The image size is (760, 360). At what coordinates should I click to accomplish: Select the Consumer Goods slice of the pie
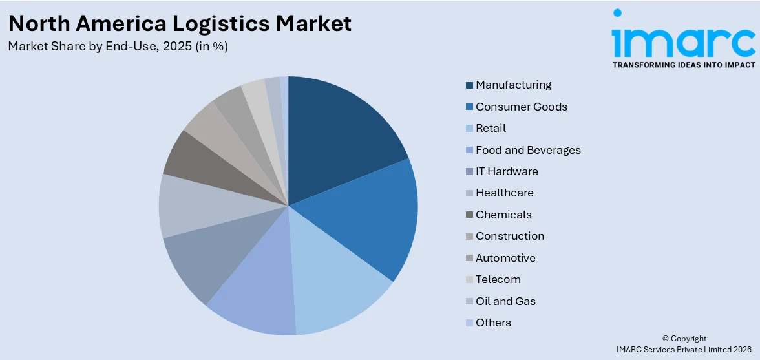point(368,217)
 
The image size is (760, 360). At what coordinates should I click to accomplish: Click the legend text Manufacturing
point(513,85)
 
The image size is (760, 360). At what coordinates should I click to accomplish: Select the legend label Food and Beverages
point(528,150)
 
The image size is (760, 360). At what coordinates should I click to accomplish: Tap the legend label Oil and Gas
point(505,301)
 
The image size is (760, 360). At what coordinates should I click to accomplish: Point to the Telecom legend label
point(498,279)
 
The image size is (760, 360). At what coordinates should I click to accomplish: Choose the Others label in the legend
point(493,323)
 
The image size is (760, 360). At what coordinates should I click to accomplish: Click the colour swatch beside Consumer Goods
point(469,107)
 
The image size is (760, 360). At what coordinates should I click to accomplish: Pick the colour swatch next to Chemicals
point(469,215)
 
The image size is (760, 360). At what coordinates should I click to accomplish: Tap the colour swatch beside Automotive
point(469,258)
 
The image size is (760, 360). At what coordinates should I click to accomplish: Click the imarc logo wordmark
point(683,39)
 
